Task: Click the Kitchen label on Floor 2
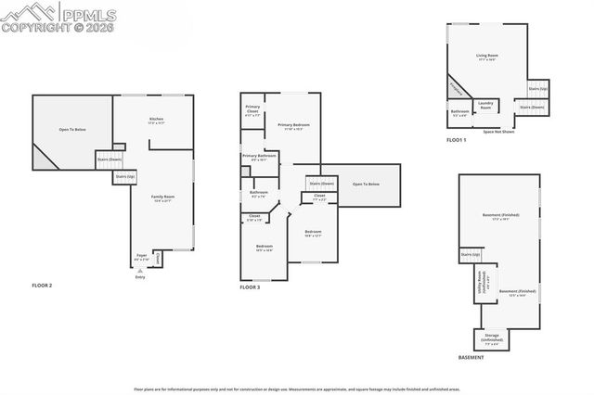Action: (156, 121)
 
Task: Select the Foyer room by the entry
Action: (142, 257)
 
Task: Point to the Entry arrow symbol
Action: (140, 270)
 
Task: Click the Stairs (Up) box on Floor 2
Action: (125, 176)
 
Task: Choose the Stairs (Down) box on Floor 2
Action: (110, 159)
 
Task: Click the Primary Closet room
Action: (252, 111)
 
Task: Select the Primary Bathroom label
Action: (260, 158)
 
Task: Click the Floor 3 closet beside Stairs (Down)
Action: (318, 197)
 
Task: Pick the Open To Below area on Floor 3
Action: (365, 185)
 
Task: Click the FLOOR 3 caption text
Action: (250, 287)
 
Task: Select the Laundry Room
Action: (485, 106)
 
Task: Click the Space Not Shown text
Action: (498, 132)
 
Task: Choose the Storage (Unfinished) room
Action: (492, 339)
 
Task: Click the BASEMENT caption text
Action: (471, 358)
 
